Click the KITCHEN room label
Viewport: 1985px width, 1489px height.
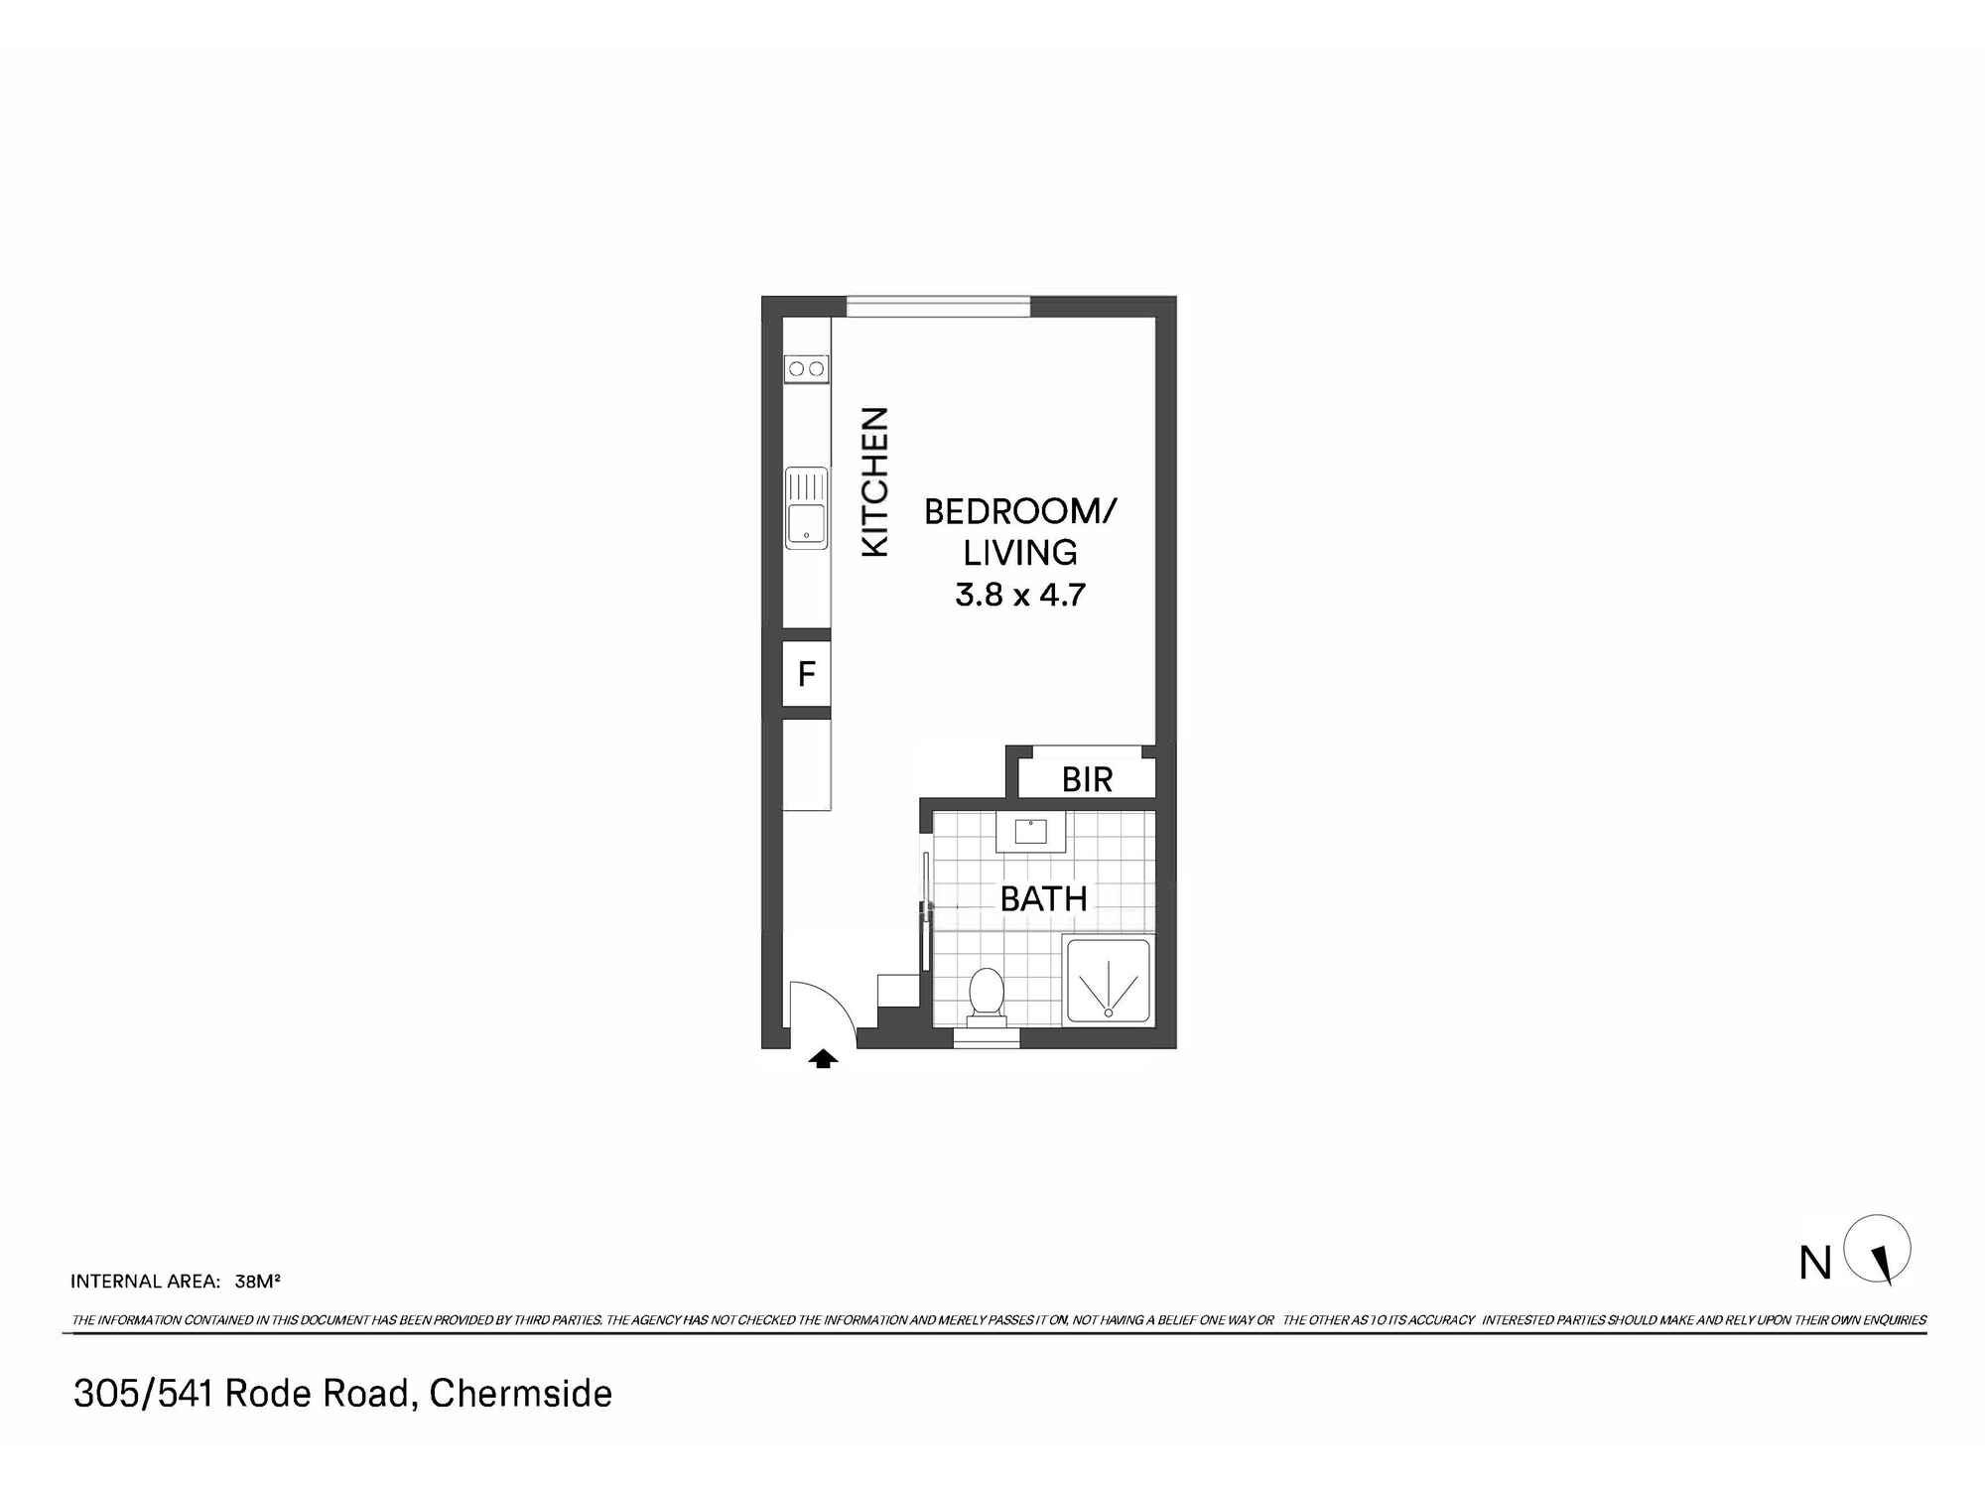pyautogui.click(x=874, y=481)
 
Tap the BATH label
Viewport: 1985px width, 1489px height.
pyautogui.click(x=1043, y=899)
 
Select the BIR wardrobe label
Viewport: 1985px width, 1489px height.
pyautogui.click(x=1087, y=780)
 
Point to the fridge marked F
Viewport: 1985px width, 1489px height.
pyautogui.click(x=806, y=674)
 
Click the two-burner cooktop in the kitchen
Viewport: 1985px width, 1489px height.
pyautogui.click(x=806, y=369)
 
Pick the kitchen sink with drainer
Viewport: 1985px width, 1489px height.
pyautogui.click(x=806, y=507)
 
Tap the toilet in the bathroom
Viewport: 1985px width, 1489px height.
pyautogui.click(x=986, y=993)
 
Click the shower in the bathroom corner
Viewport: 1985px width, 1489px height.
pyautogui.click(x=1108, y=981)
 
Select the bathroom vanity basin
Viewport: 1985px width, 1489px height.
pyautogui.click(x=1031, y=831)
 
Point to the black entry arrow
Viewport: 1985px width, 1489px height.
pyautogui.click(x=822, y=1059)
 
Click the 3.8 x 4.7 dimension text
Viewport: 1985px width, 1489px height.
pyautogui.click(x=1020, y=595)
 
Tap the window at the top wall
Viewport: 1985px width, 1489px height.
pyautogui.click(x=938, y=306)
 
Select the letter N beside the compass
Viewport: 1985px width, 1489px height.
pyautogui.click(x=1815, y=1264)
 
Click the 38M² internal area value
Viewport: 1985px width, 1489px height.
pyautogui.click(x=257, y=1281)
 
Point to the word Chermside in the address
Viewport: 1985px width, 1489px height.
pyautogui.click(x=520, y=1394)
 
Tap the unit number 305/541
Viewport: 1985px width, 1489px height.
pyautogui.click(x=143, y=1394)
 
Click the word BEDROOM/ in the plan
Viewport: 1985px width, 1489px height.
pyautogui.click(x=1020, y=512)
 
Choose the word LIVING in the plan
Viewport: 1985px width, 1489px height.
pyautogui.click(x=1020, y=553)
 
